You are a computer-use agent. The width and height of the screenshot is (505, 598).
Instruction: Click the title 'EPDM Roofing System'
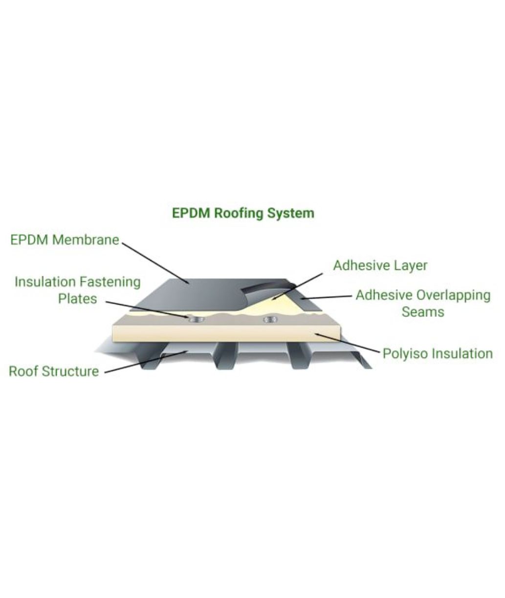click(243, 214)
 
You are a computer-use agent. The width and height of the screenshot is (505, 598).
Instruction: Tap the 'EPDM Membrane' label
click(65, 240)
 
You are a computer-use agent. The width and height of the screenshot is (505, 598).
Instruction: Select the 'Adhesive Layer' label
click(380, 266)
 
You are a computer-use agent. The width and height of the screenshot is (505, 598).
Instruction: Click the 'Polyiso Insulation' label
click(438, 354)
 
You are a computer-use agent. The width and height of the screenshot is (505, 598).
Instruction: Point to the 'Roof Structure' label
click(54, 371)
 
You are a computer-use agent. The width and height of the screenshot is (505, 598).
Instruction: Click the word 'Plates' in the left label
click(78, 299)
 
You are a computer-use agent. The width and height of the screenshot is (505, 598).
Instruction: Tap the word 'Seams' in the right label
click(423, 311)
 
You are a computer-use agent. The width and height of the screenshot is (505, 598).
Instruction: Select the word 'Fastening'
click(110, 283)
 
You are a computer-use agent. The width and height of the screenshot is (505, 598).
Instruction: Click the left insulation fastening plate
click(197, 319)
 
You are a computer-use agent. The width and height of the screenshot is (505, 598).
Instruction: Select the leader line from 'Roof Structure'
click(146, 362)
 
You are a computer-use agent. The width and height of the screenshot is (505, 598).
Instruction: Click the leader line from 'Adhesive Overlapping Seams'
click(326, 297)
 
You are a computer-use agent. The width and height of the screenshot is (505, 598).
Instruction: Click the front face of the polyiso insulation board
click(226, 333)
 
